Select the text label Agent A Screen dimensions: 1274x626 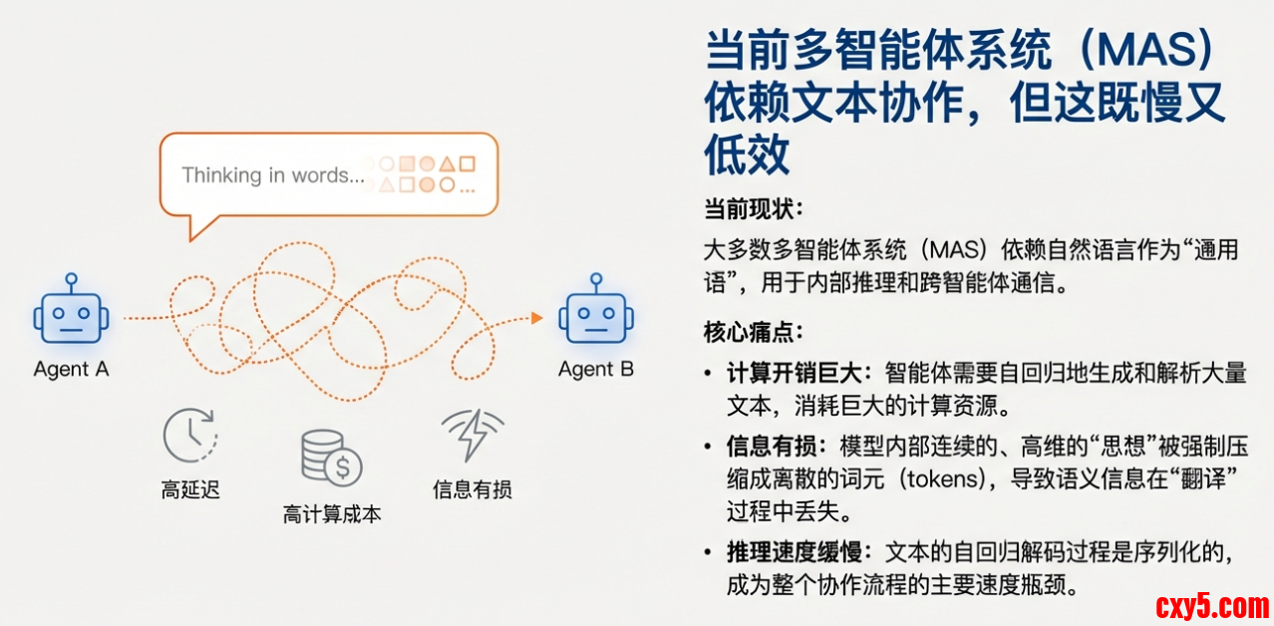[x=71, y=370]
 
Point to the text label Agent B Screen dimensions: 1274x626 [x=596, y=370]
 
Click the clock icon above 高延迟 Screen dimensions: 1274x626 [x=190, y=435]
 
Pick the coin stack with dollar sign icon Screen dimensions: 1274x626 [x=331, y=458]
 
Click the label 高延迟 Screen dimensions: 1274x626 [x=190, y=489]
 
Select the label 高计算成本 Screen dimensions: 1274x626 [x=332, y=514]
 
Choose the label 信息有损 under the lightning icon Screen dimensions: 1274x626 [x=473, y=489]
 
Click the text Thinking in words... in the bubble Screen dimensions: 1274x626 [x=273, y=175]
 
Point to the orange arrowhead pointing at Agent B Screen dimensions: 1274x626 [x=536, y=318]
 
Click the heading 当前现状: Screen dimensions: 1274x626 [x=754, y=209]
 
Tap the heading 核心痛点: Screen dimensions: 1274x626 [x=754, y=332]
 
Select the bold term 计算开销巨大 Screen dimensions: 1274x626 [x=794, y=374]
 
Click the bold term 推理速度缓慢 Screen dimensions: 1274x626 [x=794, y=552]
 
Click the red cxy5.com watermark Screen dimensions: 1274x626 [x=1212, y=606]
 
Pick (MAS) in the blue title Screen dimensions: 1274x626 [x=1146, y=50]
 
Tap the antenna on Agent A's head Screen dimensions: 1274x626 [x=71, y=282]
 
